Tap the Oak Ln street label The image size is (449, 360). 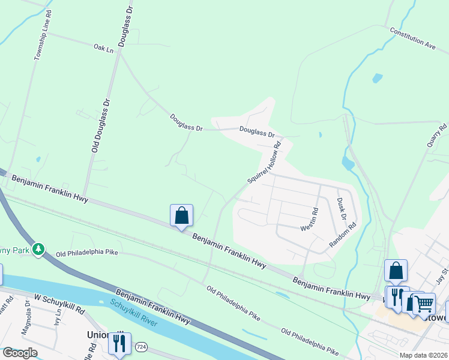click(x=103, y=47)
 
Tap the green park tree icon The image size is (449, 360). click(x=38, y=248)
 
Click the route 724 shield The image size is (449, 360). click(x=141, y=347)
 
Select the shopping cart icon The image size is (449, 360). click(x=424, y=304)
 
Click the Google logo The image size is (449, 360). click(x=20, y=353)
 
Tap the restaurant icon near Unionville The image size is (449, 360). click(x=118, y=343)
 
